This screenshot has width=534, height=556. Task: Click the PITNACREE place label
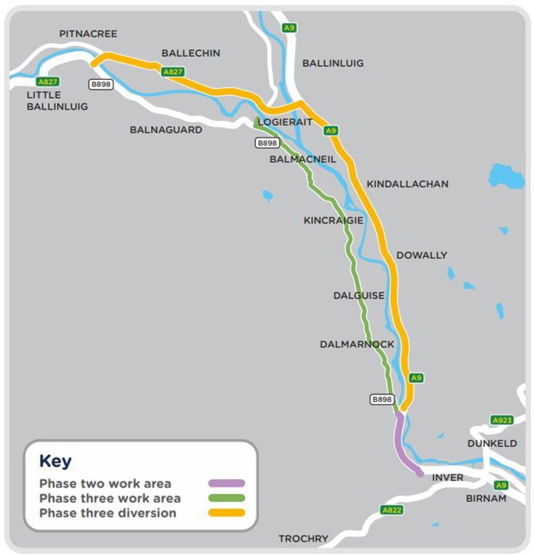pyautogui.click(x=88, y=34)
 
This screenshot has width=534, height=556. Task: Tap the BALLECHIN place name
pyautogui.click(x=190, y=53)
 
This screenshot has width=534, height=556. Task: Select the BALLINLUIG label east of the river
pyautogui.click(x=332, y=63)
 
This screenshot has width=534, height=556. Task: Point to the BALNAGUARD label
pyautogui.click(x=166, y=130)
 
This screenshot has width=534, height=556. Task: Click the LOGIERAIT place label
pyautogui.click(x=285, y=122)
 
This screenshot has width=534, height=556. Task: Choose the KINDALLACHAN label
pyautogui.click(x=407, y=184)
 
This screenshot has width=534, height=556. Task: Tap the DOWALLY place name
pyautogui.click(x=421, y=255)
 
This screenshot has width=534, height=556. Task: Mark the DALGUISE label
pyautogui.click(x=359, y=295)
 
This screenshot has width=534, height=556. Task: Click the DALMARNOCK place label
pyautogui.click(x=357, y=344)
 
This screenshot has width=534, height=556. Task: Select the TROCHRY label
pyautogui.click(x=303, y=538)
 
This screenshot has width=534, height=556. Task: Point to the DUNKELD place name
pyautogui.click(x=492, y=443)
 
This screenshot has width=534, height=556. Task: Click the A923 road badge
pyautogui.click(x=502, y=420)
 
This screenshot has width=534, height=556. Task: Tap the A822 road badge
pyautogui.click(x=391, y=510)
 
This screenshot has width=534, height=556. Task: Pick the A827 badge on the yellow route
pyautogui.click(x=173, y=72)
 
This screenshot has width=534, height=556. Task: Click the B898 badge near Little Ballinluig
pyautogui.click(x=101, y=84)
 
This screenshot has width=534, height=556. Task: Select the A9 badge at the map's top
pyautogui.click(x=289, y=28)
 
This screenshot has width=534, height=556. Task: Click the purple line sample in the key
pyautogui.click(x=226, y=483)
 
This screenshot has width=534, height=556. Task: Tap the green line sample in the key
pyautogui.click(x=226, y=498)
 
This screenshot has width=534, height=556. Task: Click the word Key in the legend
pyautogui.click(x=55, y=461)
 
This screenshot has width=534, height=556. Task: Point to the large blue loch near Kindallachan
pyautogui.click(x=506, y=177)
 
